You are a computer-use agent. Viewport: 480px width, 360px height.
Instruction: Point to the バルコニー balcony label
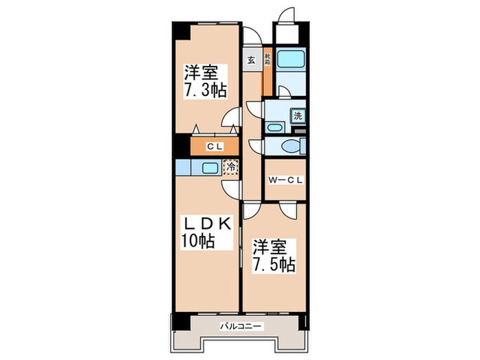point(239,326)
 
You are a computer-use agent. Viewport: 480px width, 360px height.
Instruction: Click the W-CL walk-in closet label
point(285,181)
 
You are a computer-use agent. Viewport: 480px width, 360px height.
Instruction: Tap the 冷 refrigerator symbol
point(232,167)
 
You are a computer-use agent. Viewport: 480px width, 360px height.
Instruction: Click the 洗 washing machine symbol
point(298,116)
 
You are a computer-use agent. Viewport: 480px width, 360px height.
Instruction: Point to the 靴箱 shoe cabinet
point(267,60)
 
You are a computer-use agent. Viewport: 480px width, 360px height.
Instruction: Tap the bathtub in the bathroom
point(291,60)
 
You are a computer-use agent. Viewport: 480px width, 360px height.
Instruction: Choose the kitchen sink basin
point(211,167)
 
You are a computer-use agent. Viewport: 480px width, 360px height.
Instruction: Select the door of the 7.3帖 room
point(234,121)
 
